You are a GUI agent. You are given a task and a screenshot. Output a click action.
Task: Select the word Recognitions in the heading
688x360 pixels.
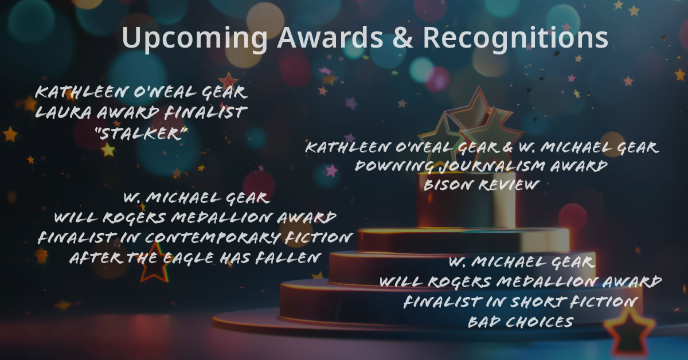click(515, 38)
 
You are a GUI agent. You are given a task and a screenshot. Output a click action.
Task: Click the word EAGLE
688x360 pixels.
click(187, 258)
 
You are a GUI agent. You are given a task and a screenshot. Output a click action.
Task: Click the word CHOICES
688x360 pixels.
click(540, 322)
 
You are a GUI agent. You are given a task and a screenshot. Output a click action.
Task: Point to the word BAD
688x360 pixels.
click(483, 322)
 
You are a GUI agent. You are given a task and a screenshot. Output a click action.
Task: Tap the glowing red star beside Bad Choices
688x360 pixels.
click(629, 334)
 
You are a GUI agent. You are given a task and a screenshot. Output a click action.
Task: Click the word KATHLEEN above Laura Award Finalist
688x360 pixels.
click(73, 92)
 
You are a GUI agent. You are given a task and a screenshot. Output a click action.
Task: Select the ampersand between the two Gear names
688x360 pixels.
click(509, 148)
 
